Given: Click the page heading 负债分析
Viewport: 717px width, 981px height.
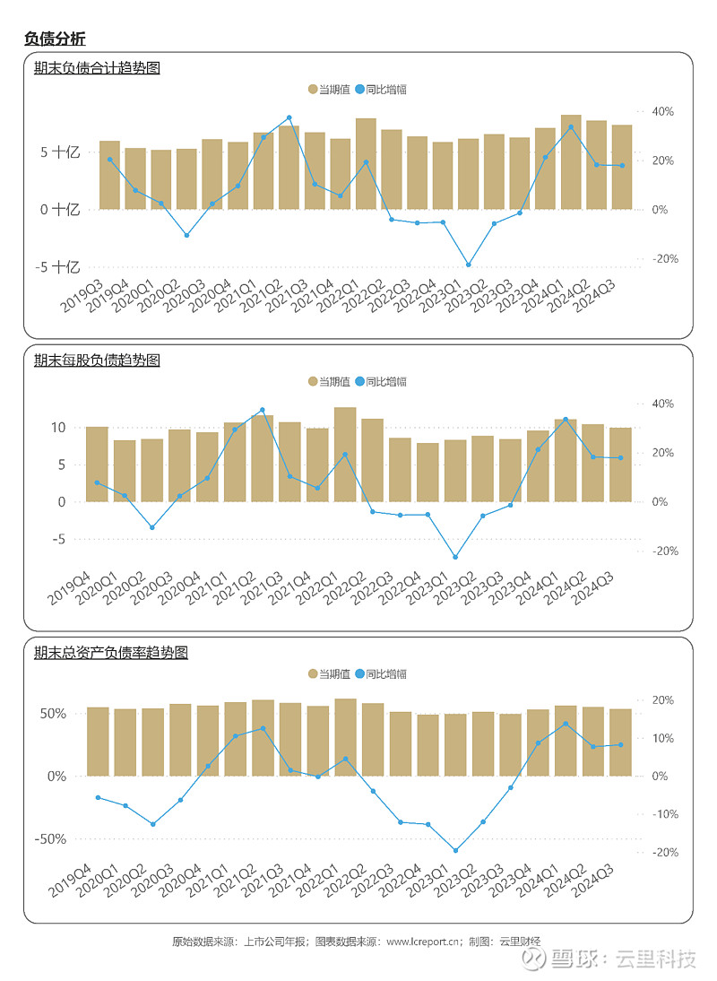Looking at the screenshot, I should point(55,39).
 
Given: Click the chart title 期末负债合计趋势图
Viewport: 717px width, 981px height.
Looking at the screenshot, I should point(96,67).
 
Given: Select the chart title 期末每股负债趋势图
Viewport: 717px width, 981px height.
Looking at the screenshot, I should point(96,360).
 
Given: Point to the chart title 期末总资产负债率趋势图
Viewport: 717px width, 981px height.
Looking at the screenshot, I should point(110,652).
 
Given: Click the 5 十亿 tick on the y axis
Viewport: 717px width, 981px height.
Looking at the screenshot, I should point(61,152).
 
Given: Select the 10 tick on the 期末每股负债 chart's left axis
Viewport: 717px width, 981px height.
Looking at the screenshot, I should point(58,428).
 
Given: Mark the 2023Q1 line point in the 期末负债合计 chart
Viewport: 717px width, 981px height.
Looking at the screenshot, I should point(468,265).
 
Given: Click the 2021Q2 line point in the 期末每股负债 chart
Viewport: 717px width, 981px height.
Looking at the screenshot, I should point(263,410).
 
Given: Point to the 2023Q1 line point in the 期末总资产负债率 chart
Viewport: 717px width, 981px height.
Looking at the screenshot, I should point(455,850).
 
